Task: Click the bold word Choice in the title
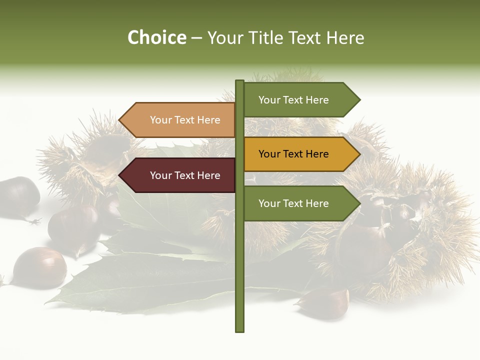[x=156, y=37]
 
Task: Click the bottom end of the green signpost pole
[x=239, y=330]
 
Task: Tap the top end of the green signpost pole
[x=239, y=81]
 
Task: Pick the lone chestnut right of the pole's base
[x=325, y=303]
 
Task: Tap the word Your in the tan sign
[x=160, y=120]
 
